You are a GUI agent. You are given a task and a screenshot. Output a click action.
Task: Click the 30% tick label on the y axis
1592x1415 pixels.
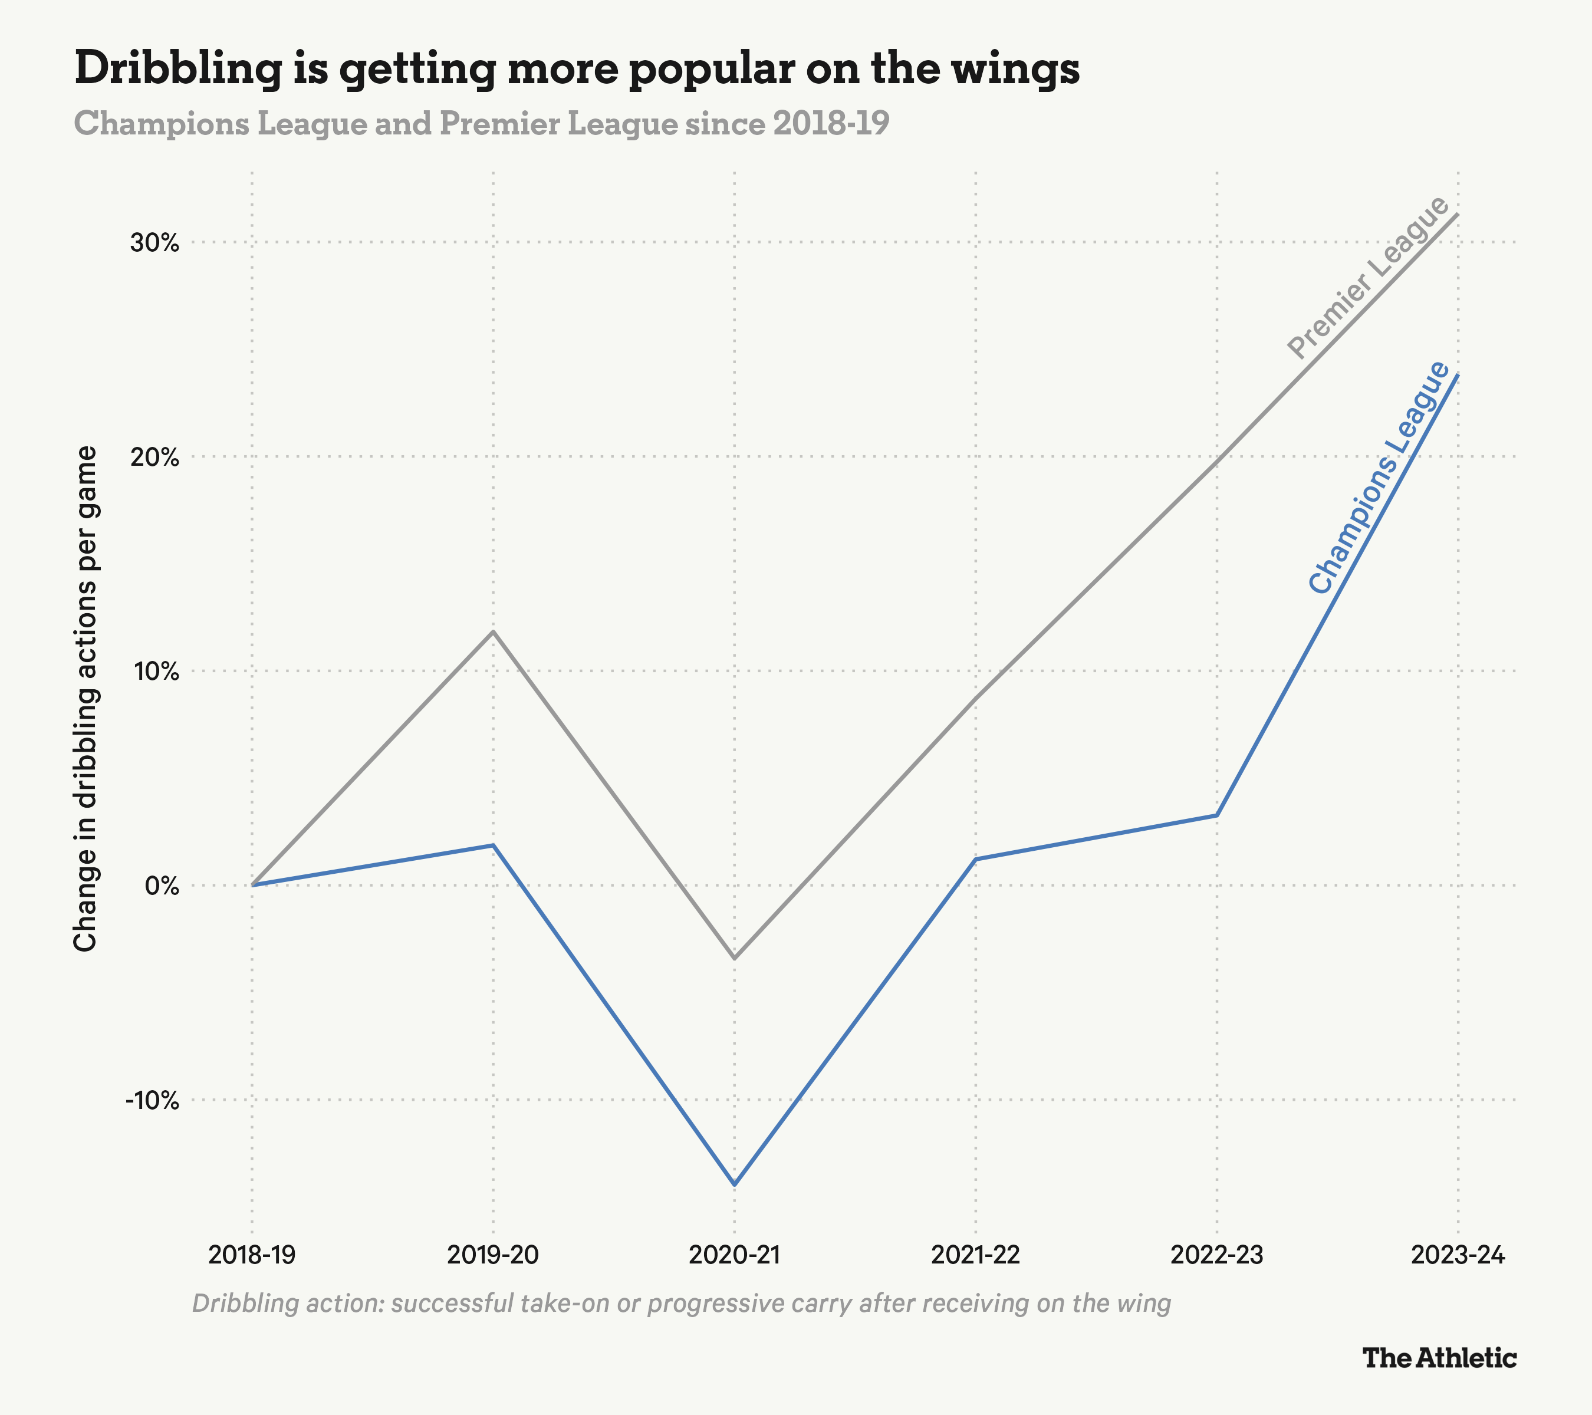(x=154, y=243)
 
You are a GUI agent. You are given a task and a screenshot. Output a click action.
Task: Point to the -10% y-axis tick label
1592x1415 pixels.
(x=153, y=1100)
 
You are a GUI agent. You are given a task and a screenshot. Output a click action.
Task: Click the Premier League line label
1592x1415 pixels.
(x=1368, y=278)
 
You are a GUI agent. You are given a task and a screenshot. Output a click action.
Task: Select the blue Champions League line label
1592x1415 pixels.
(x=1379, y=478)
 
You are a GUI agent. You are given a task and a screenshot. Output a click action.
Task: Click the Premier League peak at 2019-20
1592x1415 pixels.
(x=493, y=631)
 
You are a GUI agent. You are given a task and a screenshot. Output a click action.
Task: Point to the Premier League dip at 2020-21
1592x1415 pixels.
(x=735, y=959)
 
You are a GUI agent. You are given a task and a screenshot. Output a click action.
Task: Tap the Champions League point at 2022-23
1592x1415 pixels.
(x=1216, y=815)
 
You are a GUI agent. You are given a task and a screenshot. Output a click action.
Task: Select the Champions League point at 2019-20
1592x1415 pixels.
(x=493, y=845)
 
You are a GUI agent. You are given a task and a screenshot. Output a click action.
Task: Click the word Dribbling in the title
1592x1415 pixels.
(x=177, y=68)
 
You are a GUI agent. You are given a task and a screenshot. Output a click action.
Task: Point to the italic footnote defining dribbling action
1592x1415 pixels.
(x=681, y=1303)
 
